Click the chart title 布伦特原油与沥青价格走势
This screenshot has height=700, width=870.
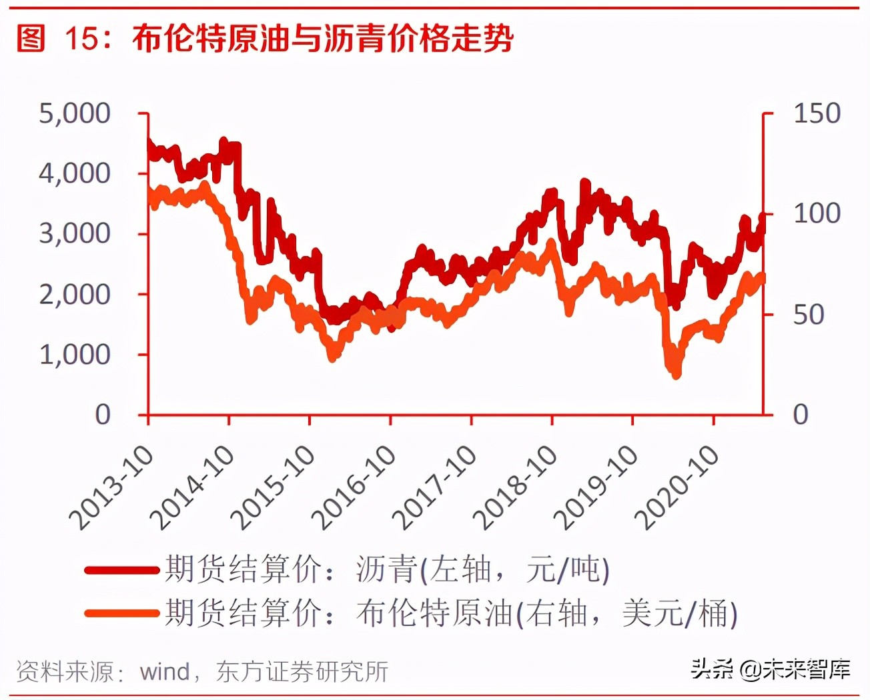pyautogui.click(x=323, y=39)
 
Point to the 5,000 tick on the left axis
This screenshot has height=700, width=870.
pyautogui.click(x=75, y=113)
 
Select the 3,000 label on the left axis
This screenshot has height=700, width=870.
pyautogui.click(x=75, y=233)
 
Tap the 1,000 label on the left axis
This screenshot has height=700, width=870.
pyautogui.click(x=75, y=354)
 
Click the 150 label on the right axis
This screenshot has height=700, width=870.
pyautogui.click(x=817, y=113)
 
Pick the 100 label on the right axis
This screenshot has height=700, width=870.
pyautogui.click(x=817, y=214)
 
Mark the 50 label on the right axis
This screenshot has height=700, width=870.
pyautogui.click(x=809, y=315)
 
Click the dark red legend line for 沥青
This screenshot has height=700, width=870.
pyautogui.click(x=123, y=570)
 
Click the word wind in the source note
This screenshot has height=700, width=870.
pyautogui.click(x=165, y=671)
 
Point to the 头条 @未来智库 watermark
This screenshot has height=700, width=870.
pyautogui.click(x=770, y=668)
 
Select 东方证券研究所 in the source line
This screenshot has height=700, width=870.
pyautogui.click(x=302, y=671)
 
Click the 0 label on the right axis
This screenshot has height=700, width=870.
pyautogui.click(x=801, y=415)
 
